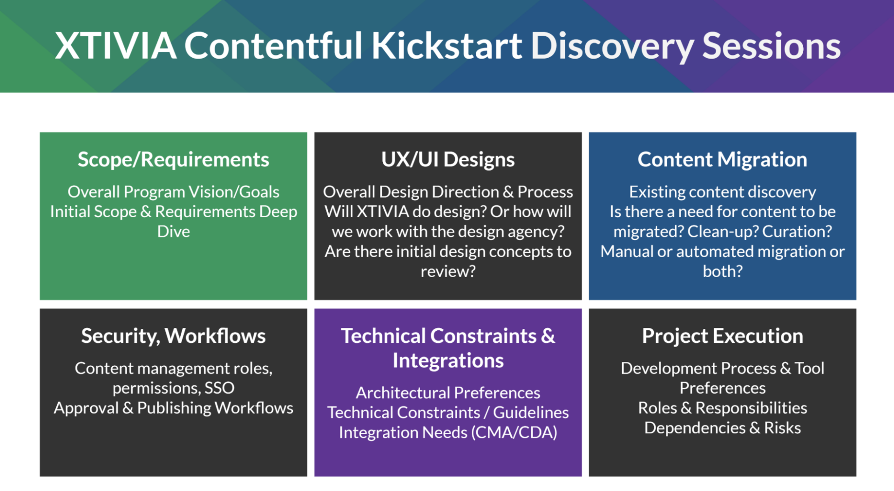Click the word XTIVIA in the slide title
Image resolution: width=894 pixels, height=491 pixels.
click(116, 46)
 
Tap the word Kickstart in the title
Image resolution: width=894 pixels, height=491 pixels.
click(447, 46)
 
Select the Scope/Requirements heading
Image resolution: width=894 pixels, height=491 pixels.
click(173, 160)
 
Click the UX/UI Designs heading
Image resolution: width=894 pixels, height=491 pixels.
click(448, 160)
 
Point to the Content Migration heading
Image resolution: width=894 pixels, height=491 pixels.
click(722, 160)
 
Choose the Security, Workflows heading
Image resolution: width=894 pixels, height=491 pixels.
click(173, 336)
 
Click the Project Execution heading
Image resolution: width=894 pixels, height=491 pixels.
click(722, 336)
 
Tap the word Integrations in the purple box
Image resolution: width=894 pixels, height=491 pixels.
click(448, 361)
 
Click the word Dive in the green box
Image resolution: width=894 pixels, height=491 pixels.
click(173, 232)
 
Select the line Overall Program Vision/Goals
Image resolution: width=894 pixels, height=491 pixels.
click(173, 192)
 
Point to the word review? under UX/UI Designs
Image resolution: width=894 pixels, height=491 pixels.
click(448, 271)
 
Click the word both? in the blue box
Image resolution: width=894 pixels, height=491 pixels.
click(722, 271)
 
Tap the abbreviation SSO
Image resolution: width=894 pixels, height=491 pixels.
click(219, 388)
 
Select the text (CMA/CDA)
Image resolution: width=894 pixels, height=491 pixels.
click(514, 433)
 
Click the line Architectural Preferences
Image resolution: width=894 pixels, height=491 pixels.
click(448, 393)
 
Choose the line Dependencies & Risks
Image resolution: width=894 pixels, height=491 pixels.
click(722, 428)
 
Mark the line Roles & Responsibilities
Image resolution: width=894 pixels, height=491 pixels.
click(722, 408)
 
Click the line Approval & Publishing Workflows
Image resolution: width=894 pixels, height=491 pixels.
click(173, 408)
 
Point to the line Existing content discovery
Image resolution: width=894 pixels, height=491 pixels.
click(722, 192)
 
